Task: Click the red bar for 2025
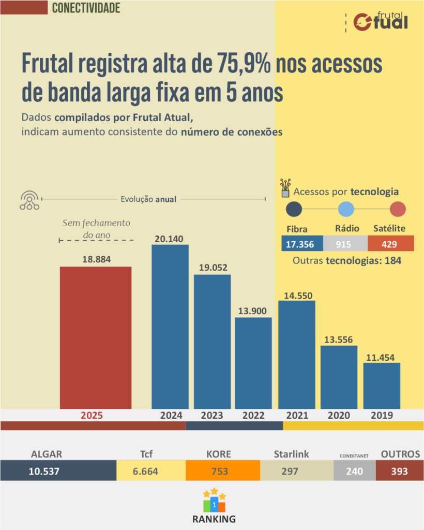coord(96,337)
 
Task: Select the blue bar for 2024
coord(170,326)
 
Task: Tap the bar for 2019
coord(382,386)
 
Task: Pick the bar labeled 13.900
coord(253,363)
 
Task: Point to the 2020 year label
coord(339,415)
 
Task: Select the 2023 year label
coord(212,415)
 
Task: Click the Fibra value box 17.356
coord(302,243)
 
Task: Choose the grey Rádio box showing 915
coord(345,243)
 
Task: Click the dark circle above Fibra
coord(294,209)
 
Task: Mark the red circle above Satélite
coord(398,209)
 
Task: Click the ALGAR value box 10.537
coord(58,471)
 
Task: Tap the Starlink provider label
coord(292,454)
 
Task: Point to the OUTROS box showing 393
coord(399,471)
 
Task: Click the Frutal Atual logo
coord(381,21)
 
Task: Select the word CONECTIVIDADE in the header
coord(86,8)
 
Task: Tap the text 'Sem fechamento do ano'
coord(96,229)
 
